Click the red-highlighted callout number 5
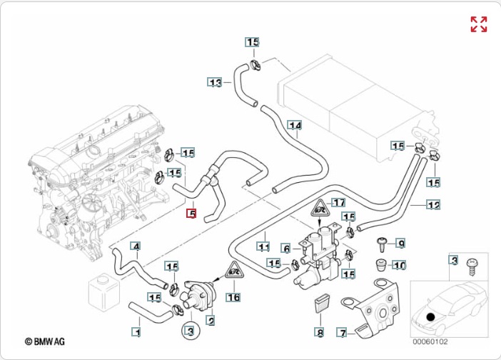tap(191, 212)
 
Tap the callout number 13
tap(216, 83)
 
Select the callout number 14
tap(295, 126)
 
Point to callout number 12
tap(434, 205)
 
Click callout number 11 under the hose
tap(263, 247)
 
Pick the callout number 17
tap(338, 203)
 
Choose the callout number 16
tap(233, 296)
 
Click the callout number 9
tap(400, 244)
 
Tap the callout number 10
tap(400, 266)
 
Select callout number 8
tap(320, 332)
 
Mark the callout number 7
tap(343, 332)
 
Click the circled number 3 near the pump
tap(189, 331)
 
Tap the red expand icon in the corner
tap(478, 24)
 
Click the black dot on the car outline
tap(430, 317)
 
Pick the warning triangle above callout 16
tap(233, 271)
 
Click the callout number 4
tap(135, 246)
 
